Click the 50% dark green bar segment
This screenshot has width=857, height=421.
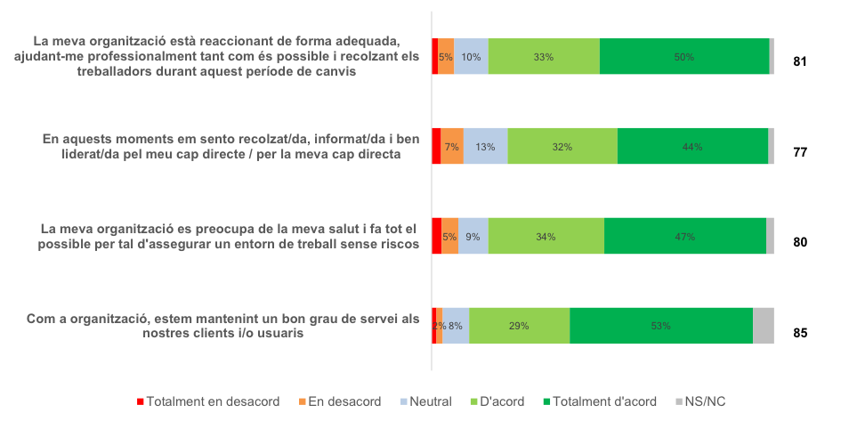click(683, 57)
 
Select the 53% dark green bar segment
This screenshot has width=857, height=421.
click(660, 326)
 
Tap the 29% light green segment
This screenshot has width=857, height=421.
click(519, 326)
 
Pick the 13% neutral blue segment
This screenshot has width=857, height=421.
click(485, 147)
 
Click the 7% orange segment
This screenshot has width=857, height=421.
click(452, 147)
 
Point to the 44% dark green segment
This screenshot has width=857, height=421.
click(692, 147)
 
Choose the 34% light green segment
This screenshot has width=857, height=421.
click(546, 237)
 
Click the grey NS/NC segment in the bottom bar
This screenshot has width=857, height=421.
click(763, 326)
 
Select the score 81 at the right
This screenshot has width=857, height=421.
click(799, 62)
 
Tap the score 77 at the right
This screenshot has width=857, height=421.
click(799, 152)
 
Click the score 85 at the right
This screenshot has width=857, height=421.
click(799, 334)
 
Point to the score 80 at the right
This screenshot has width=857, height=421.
click(799, 241)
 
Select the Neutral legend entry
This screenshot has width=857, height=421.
click(426, 401)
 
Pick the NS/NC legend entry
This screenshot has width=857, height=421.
click(702, 401)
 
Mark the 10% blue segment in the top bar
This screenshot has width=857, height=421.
click(471, 57)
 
